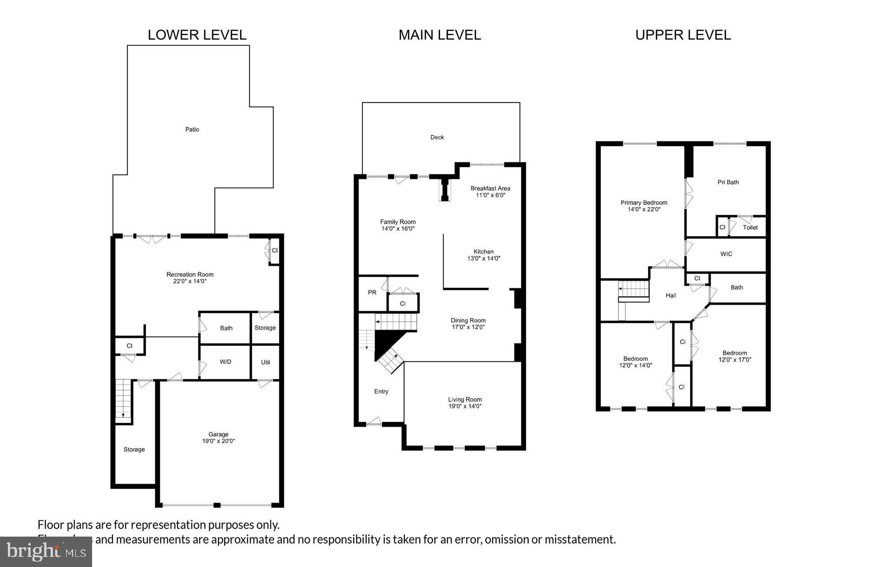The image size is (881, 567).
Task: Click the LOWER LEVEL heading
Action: [197, 35]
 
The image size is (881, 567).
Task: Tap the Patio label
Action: [192, 130]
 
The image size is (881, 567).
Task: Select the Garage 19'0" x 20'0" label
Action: [218, 437]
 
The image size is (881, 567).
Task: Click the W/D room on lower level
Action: [225, 362]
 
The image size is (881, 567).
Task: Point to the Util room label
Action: [265, 362]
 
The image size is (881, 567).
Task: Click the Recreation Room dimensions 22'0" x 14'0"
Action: [190, 281]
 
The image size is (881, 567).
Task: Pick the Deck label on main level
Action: [437, 137]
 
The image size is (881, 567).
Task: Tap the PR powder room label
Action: [372, 292]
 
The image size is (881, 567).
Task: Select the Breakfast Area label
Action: [490, 189]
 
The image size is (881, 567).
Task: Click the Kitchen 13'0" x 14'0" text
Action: [484, 255]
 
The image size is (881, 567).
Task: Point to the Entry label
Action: [381, 391]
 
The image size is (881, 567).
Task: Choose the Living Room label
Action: [465, 400]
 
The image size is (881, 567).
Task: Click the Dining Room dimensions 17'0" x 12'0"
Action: [468, 327]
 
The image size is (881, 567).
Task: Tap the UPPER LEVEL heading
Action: [683, 35]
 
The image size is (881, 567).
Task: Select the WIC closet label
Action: [726, 254]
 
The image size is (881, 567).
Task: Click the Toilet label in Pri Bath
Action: [750, 228]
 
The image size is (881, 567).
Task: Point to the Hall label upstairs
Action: [670, 296]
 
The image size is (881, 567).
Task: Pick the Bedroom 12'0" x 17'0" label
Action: [734, 356]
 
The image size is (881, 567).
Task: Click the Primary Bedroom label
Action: [644, 203]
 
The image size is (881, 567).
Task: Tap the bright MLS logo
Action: [46, 551]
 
